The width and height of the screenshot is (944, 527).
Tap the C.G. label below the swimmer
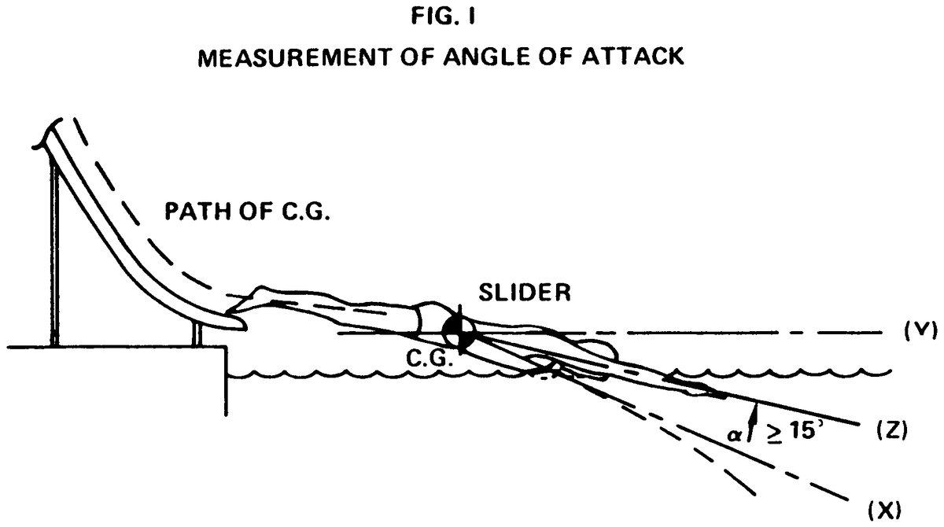pyautogui.click(x=428, y=359)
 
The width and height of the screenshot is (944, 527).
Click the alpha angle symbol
pyautogui.click(x=737, y=431)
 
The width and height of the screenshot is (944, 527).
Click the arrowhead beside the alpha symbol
pyautogui.click(x=754, y=409)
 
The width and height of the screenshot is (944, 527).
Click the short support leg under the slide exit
pyautogui.click(x=197, y=334)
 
